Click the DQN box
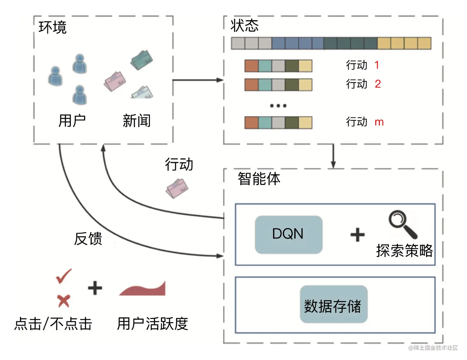[x=288, y=235]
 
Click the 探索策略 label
[x=404, y=250]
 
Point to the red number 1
[x=377, y=65]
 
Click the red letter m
[x=379, y=122]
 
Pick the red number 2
[x=378, y=84]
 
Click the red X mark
[x=64, y=301]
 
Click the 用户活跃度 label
[x=153, y=324]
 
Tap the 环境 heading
[x=53, y=27]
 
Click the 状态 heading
[x=245, y=25]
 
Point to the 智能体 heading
[x=259, y=179]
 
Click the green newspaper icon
[x=142, y=60]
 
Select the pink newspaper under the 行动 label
[x=177, y=188]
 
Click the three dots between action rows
[x=278, y=106]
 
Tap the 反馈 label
[x=88, y=239]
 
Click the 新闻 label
[x=137, y=121]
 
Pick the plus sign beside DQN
[x=358, y=235]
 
